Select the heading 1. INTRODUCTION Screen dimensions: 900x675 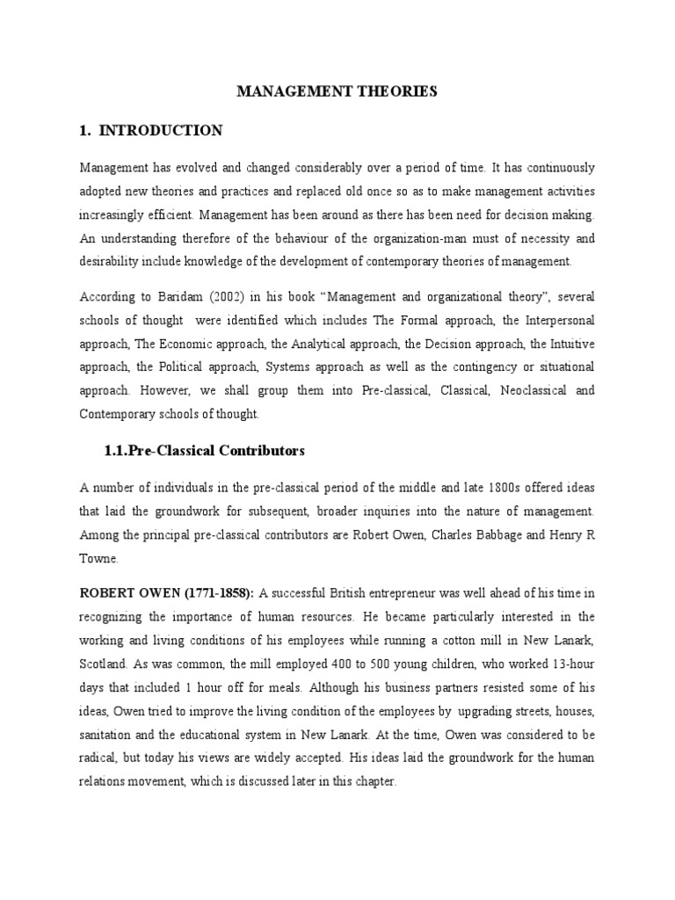[151, 131]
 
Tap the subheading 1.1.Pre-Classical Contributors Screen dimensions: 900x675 [204, 451]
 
